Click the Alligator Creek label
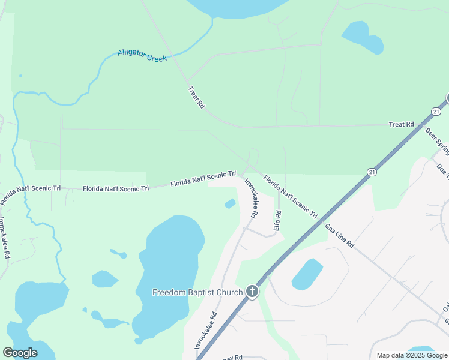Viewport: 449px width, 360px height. point(142,56)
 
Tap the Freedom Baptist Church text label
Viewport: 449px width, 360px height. point(197,293)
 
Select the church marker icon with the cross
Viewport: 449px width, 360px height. point(252,292)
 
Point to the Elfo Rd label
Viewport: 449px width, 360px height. point(277,220)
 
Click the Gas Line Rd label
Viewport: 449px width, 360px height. point(340,236)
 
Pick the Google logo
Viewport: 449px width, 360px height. point(20,353)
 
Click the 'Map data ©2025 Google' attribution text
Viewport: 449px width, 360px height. point(411,355)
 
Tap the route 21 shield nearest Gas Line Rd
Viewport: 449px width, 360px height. point(372,172)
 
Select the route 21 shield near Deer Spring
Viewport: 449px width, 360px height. point(436,111)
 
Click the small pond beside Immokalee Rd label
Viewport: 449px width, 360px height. point(230,204)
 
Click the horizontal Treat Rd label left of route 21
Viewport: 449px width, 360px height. point(401,124)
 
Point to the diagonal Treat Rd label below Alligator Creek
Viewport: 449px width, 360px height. point(196,97)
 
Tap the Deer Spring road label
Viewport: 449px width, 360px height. point(437,139)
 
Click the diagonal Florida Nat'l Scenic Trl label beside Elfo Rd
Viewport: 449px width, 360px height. point(290,196)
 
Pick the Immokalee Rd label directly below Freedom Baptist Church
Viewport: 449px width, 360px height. point(205,331)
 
